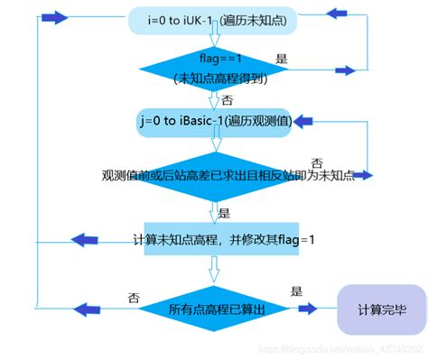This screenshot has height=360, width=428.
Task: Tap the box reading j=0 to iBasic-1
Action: pos(215,122)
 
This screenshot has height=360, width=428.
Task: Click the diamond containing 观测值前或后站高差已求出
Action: pos(215,174)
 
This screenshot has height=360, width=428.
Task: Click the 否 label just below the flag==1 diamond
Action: pos(227,100)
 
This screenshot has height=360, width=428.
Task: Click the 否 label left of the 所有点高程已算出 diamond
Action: pos(134,295)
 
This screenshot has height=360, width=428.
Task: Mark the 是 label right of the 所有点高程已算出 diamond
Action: pos(295,291)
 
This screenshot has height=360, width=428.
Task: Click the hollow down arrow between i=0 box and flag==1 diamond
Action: pos(215,41)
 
